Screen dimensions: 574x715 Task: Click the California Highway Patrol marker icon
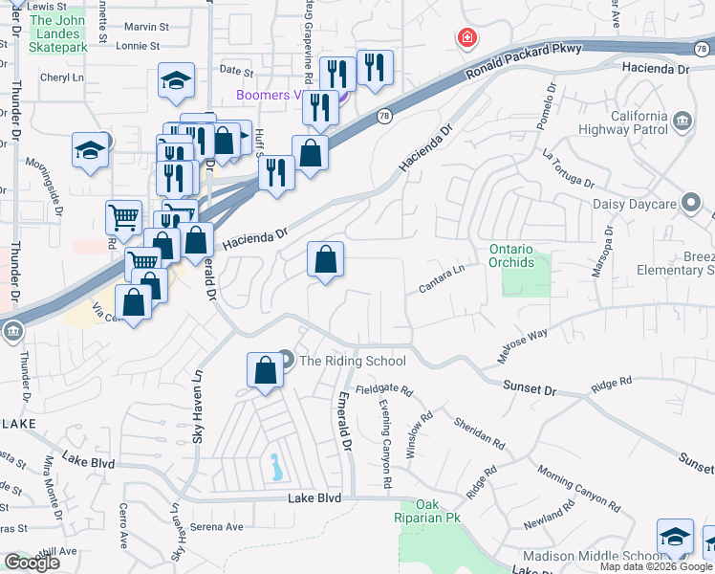pyautogui.click(x=682, y=121)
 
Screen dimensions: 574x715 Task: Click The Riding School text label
pyautogui.click(x=353, y=361)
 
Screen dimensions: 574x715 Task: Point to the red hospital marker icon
pyautogui.click(x=467, y=38)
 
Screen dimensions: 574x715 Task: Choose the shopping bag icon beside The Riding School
pyautogui.click(x=265, y=369)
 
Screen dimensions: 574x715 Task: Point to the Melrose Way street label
pyautogui.click(x=522, y=344)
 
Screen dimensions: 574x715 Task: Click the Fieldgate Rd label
pyautogui.click(x=383, y=389)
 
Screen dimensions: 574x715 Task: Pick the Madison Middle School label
pyautogui.click(x=586, y=557)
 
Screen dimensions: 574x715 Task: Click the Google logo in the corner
pyautogui.click(x=32, y=563)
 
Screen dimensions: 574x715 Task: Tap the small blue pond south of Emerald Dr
pyautogui.click(x=276, y=467)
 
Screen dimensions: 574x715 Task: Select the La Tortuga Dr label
pyautogui.click(x=568, y=168)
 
